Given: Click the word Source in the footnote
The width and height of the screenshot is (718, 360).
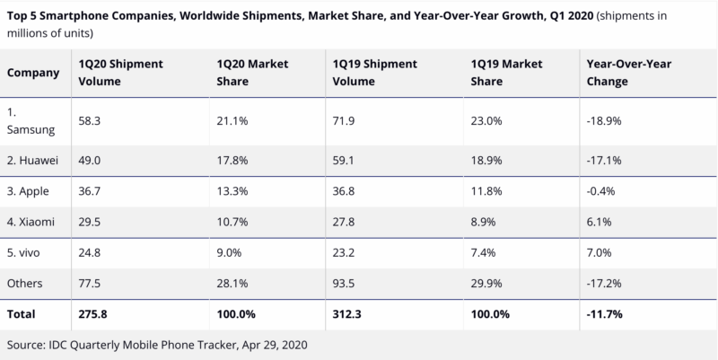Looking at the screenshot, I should (27, 345).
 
